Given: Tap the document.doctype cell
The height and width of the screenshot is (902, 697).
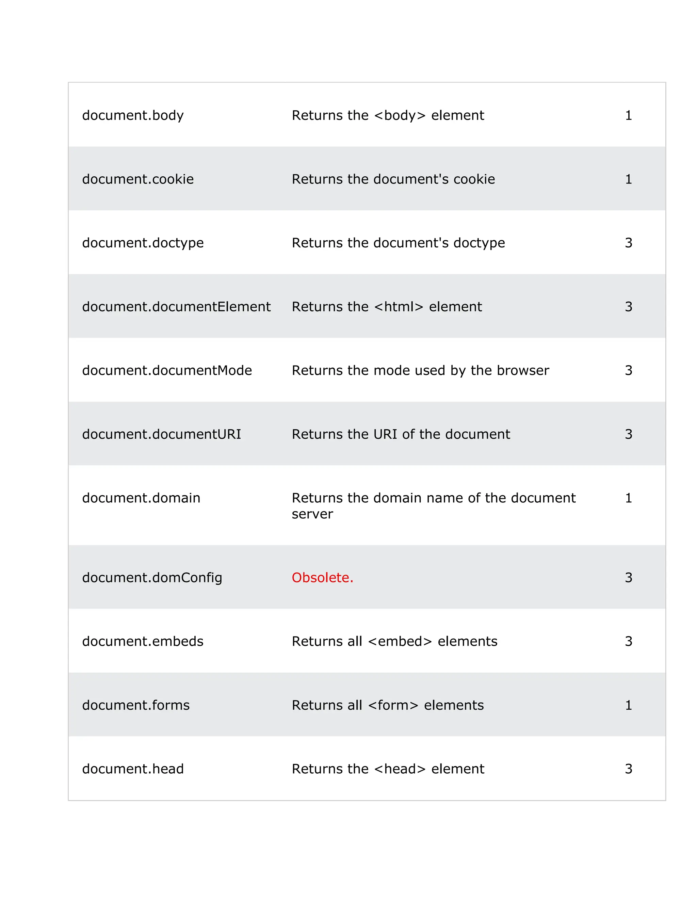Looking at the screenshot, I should (x=143, y=243).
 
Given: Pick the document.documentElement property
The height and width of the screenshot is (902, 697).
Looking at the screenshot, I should (x=176, y=306).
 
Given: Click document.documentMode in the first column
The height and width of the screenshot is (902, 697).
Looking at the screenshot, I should (x=167, y=370).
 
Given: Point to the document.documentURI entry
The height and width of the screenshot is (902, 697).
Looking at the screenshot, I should (x=161, y=434).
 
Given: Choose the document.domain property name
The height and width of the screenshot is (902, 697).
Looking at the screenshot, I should (x=141, y=498).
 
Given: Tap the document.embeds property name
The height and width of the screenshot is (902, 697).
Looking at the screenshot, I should (x=143, y=641).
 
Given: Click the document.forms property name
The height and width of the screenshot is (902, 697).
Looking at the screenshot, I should (x=136, y=705).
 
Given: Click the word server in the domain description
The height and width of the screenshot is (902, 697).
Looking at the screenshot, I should (x=312, y=514).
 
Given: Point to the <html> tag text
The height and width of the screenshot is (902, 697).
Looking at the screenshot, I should (x=399, y=306).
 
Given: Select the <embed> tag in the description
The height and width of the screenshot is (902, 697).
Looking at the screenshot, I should (x=400, y=641).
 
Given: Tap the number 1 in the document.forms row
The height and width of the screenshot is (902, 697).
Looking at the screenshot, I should (x=628, y=705).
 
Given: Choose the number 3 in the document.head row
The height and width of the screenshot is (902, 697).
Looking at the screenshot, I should (x=628, y=769).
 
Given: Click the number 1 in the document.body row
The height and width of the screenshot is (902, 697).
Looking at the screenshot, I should (x=628, y=115).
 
